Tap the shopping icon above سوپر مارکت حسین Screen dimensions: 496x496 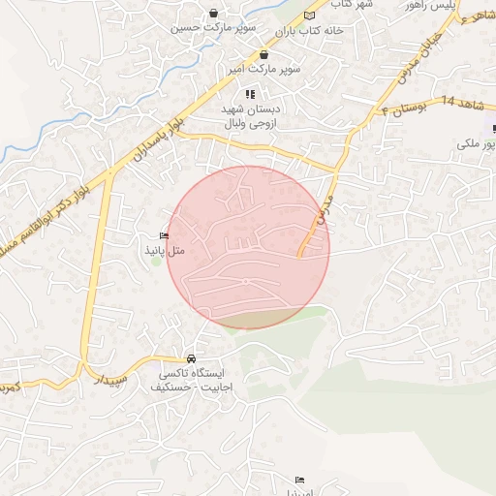(x=213, y=14)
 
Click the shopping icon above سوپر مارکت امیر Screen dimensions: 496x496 (x=263, y=56)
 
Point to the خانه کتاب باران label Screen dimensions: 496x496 (x=309, y=30)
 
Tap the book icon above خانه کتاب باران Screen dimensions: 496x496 (x=309, y=15)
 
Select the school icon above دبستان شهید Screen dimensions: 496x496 (x=249, y=95)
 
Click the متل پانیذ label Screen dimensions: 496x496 (x=164, y=250)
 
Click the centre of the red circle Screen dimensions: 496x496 (x=248, y=247)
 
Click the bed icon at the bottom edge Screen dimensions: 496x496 (x=299, y=480)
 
